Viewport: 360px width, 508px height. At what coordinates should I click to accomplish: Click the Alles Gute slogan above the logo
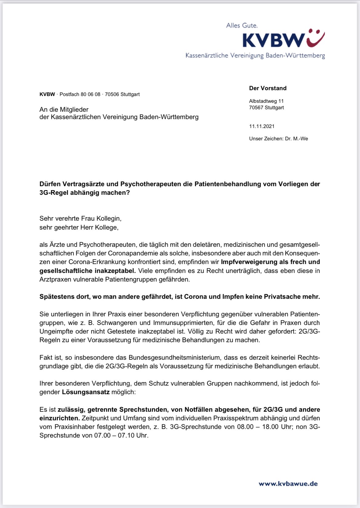tap(242, 26)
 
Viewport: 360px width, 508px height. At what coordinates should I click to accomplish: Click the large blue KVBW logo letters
tap(273, 40)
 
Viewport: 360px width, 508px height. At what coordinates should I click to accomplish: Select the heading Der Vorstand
tap(268, 88)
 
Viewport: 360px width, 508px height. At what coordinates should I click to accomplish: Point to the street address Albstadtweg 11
tap(266, 101)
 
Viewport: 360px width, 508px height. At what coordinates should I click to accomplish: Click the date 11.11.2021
tap(262, 126)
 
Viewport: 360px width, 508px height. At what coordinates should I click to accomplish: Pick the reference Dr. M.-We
tap(296, 139)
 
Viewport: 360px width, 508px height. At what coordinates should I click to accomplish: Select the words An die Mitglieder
tap(64, 110)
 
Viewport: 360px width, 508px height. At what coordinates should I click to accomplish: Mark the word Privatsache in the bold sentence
tap(283, 297)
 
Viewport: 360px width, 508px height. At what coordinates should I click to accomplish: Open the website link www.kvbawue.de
tap(288, 484)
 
